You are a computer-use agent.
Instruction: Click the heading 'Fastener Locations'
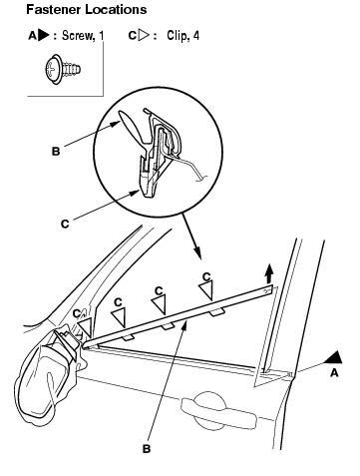pyautogui.click(x=87, y=10)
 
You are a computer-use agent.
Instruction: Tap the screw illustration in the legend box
pyautogui.click(x=63, y=69)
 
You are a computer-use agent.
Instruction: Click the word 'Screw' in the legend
pyautogui.click(x=78, y=35)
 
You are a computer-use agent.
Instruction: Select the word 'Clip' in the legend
pyautogui.click(x=177, y=35)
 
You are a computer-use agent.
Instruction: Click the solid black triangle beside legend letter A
pyautogui.click(x=44, y=35)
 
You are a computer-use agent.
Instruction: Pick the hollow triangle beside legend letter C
pyautogui.click(x=144, y=35)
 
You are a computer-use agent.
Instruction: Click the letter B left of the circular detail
pyautogui.click(x=56, y=152)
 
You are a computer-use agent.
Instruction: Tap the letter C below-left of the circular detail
pyautogui.click(x=65, y=224)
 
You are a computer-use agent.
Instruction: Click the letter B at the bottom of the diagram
pyautogui.click(x=147, y=449)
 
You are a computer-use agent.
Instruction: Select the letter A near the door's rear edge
pyautogui.click(x=334, y=373)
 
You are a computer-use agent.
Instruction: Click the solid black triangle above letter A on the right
pyautogui.click(x=334, y=357)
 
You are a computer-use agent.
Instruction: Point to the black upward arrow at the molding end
pyautogui.click(x=269, y=273)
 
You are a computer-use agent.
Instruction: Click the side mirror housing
pyautogui.click(x=50, y=376)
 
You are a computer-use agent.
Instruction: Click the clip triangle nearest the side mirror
pyautogui.click(x=85, y=326)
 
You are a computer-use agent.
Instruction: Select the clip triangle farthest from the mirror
pyautogui.click(x=206, y=290)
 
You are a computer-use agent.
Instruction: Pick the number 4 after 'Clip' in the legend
pyautogui.click(x=196, y=35)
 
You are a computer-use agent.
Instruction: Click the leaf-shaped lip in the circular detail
pyautogui.click(x=132, y=127)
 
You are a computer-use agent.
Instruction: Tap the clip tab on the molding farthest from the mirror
pyautogui.click(x=216, y=311)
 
